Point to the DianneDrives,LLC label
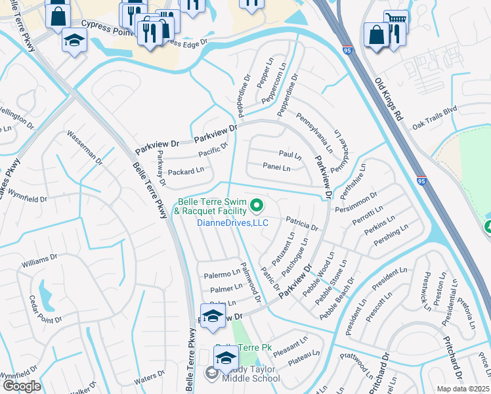pos(233,223)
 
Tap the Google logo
pos(22,385)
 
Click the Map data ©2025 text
pos(461,389)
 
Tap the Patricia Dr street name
pos(301,224)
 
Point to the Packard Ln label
pos(186,171)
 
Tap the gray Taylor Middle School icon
pos(212,373)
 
